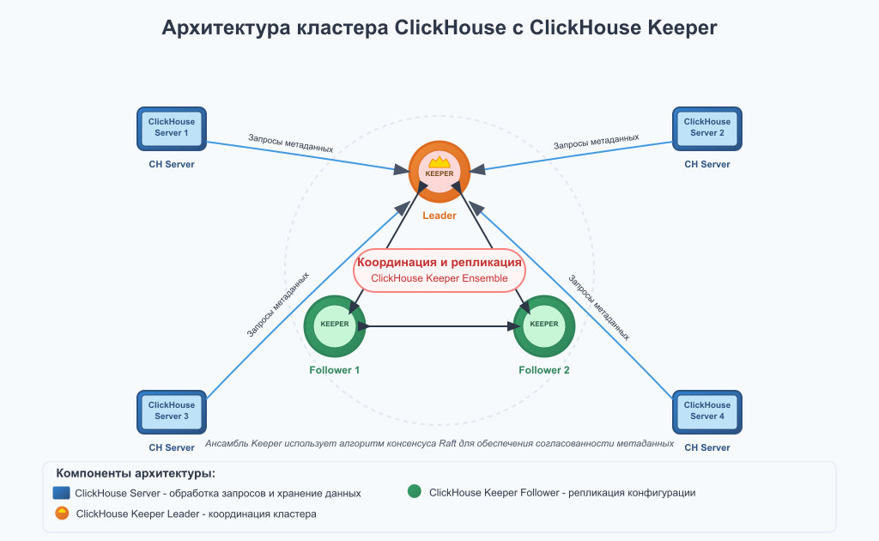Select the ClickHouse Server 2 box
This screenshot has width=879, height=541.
706,128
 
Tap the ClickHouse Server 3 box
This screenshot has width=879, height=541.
172,411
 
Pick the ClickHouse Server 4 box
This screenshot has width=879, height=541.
706,411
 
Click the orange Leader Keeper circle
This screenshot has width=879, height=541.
439,172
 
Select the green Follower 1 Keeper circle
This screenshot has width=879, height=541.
335,325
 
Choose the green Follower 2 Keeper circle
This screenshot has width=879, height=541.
544,325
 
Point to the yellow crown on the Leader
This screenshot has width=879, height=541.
439,161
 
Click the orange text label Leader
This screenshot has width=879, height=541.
439,216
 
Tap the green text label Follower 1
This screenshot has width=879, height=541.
335,370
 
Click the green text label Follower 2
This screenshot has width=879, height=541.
544,370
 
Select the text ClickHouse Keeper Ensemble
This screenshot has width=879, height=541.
439,278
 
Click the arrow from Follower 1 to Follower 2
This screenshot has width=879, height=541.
439,325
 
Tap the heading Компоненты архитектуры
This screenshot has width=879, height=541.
135,473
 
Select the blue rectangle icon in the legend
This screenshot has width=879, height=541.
61,493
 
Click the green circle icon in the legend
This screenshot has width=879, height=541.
415,492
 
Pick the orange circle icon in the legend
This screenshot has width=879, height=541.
62,514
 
